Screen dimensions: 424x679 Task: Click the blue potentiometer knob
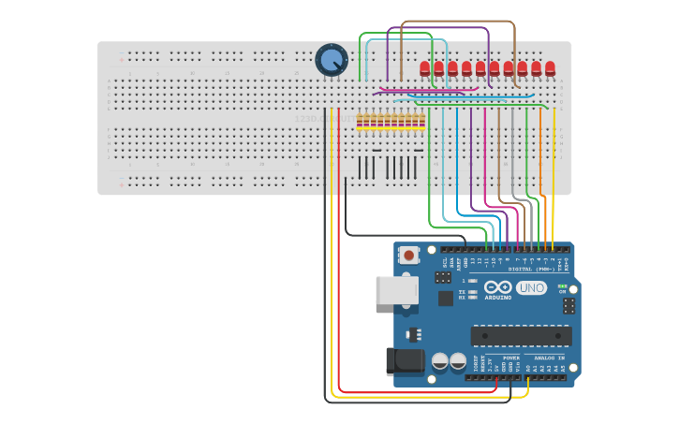pyautogui.click(x=331, y=61)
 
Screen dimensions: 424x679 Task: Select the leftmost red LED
pyautogui.click(x=425, y=68)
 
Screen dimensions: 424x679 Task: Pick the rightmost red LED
pyautogui.click(x=550, y=68)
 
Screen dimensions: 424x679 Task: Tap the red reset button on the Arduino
pyautogui.click(x=409, y=255)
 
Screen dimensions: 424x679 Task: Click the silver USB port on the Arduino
pyautogui.click(x=396, y=290)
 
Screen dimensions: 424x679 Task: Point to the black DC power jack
pyautogui.click(x=405, y=362)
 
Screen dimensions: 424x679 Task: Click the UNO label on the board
pyautogui.click(x=531, y=288)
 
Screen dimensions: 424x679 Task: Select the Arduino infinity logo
pyautogui.click(x=499, y=287)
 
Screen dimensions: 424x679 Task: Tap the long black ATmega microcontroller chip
pyautogui.click(x=521, y=335)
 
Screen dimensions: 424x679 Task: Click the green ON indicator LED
pyautogui.click(x=562, y=286)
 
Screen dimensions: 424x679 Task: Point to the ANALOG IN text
pyautogui.click(x=549, y=358)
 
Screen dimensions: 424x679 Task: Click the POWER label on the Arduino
pyautogui.click(x=511, y=358)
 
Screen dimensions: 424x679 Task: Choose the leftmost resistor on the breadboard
pyautogui.click(x=361, y=121)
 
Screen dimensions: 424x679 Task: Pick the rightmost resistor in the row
pyautogui.click(x=422, y=121)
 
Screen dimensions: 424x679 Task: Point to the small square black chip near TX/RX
pyautogui.click(x=445, y=299)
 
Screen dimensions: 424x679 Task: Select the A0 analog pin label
pyautogui.click(x=529, y=369)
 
